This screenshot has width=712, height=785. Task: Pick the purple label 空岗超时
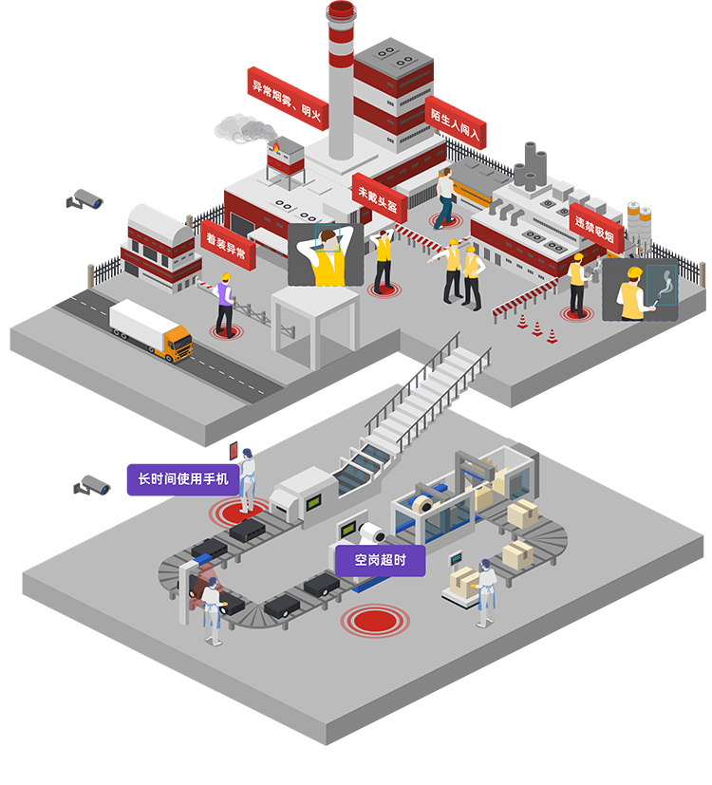(x=380, y=560)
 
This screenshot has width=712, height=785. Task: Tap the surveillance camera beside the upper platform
(x=85, y=199)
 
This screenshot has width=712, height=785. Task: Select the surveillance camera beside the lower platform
(x=93, y=485)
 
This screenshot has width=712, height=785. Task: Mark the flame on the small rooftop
(x=276, y=147)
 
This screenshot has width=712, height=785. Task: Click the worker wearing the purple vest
(x=224, y=302)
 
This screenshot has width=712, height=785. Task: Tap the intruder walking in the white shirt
(x=445, y=196)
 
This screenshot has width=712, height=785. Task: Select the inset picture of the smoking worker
(x=640, y=290)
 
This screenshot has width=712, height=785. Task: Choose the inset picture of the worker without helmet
(x=325, y=253)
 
